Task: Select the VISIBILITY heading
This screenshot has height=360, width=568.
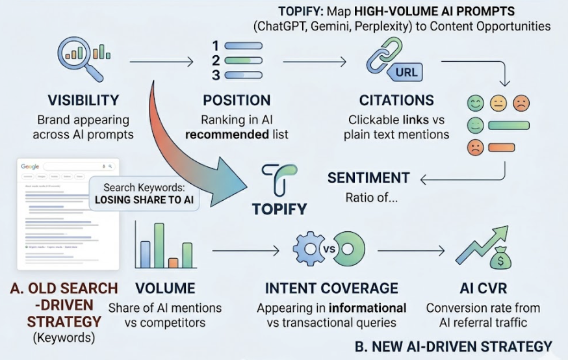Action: [x=83, y=101]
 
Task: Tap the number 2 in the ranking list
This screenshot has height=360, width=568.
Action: [x=216, y=60]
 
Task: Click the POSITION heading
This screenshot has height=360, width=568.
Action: [x=237, y=101]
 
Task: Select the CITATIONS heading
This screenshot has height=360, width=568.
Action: [x=396, y=101]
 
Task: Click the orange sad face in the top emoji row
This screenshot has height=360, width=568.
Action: [x=521, y=102]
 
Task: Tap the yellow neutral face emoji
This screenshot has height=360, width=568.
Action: [x=498, y=102]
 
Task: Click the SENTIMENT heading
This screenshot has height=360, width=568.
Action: [x=368, y=178]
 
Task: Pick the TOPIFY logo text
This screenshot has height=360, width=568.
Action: [x=280, y=210]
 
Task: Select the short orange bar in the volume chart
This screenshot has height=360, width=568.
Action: [x=173, y=263]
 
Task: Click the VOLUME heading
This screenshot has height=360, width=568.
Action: [x=164, y=288]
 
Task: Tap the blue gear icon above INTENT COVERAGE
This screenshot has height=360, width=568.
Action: [x=309, y=248]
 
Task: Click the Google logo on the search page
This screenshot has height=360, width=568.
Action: [x=30, y=166]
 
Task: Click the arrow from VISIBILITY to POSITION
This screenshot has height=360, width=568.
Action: [x=162, y=62]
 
